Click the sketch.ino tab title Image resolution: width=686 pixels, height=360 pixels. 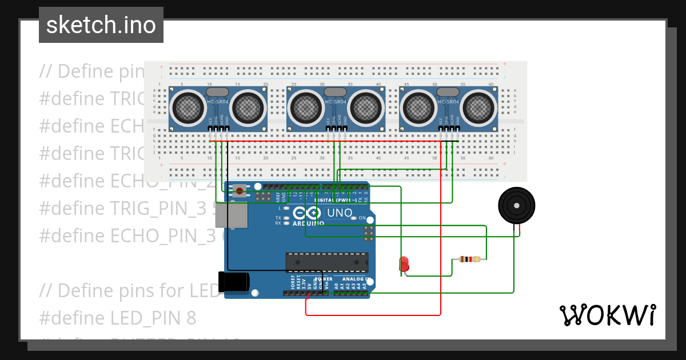(101, 25)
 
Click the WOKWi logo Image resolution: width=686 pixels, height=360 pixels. (607, 315)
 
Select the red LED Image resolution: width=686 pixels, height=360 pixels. (404, 263)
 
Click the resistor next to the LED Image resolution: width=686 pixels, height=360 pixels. (469, 259)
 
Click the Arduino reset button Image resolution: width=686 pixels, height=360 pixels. (239, 191)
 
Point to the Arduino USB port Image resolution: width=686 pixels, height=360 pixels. (236, 217)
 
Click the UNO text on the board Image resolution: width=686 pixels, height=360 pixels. (339, 213)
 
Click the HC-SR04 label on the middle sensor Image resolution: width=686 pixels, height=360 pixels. (336, 102)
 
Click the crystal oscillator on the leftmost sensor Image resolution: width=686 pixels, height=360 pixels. (217, 91)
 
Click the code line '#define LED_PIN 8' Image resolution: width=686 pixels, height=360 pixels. (118, 318)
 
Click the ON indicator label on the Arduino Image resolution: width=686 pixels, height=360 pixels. (362, 218)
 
